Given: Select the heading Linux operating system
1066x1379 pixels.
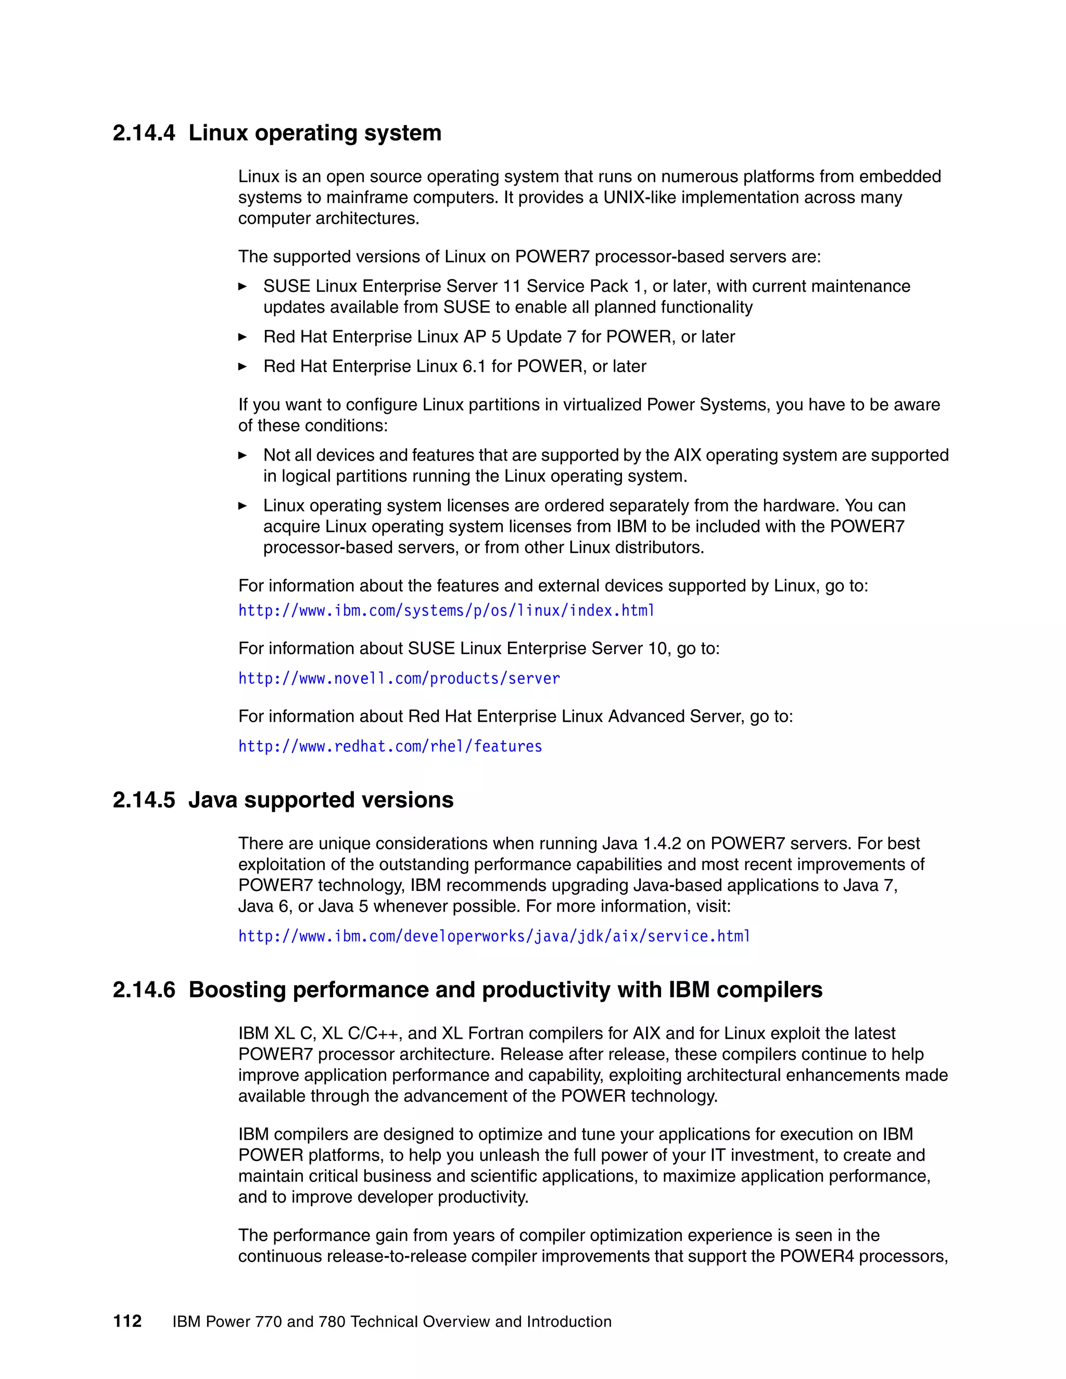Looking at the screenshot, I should coord(314,133).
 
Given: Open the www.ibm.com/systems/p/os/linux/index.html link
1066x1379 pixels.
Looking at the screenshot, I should coord(446,610).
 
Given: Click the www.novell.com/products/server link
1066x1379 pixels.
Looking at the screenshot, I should coord(399,679).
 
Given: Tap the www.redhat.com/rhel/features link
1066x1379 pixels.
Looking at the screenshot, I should coord(390,746).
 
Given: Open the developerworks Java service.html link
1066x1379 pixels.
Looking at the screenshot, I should coord(494,936).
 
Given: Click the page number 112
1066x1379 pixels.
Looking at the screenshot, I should coord(127,1322).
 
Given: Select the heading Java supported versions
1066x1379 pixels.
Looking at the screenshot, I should coord(321,800).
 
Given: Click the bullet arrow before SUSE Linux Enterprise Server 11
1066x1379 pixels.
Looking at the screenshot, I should coord(243,287).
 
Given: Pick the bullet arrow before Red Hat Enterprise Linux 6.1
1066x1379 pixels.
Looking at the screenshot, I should coord(243,366).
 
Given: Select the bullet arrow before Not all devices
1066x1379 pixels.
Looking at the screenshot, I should coord(243,455).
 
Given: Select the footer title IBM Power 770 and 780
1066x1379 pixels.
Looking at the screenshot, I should coord(391,1322).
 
